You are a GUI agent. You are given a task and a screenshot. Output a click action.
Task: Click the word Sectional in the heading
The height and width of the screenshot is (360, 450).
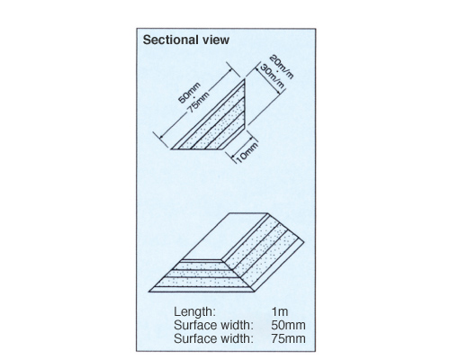pyautogui.click(x=170, y=40)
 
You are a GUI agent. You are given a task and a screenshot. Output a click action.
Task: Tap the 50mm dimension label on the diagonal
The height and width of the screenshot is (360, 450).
pyautogui.click(x=189, y=93)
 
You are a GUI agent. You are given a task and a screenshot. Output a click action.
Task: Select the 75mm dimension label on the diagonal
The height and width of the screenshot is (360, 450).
pyautogui.click(x=199, y=102)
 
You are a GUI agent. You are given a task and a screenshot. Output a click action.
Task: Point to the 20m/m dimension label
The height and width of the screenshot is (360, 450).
pyautogui.click(x=281, y=67)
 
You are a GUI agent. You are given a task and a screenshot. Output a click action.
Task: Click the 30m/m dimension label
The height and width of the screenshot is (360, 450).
pyautogui.click(x=272, y=76)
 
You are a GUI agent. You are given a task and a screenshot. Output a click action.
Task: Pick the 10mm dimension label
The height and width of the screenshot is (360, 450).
pyautogui.click(x=247, y=153)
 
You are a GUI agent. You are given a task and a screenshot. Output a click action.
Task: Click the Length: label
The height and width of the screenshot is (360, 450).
pyautogui.click(x=194, y=311)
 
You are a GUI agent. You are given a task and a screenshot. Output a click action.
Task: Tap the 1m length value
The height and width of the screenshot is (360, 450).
pyautogui.click(x=280, y=311)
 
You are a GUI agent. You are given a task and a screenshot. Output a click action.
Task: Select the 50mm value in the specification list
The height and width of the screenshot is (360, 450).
pyautogui.click(x=288, y=325)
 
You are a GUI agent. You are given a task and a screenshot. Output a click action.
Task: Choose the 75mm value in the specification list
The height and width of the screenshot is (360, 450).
pyautogui.click(x=288, y=338)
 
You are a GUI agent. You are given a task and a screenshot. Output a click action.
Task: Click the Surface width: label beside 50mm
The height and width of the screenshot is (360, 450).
pyautogui.click(x=213, y=325)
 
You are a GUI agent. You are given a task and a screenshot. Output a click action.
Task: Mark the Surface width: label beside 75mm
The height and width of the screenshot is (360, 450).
pyautogui.click(x=213, y=338)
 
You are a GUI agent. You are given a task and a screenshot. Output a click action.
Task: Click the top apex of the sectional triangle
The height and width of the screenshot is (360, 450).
pyautogui.click(x=245, y=79)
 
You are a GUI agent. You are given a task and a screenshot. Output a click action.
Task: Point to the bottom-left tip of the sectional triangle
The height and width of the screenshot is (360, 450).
pyautogui.click(x=171, y=148)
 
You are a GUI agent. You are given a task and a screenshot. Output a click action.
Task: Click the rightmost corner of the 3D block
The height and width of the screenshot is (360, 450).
pyautogui.click(x=304, y=241)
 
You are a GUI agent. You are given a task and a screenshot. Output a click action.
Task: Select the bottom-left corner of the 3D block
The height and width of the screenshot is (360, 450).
pyautogui.click(x=148, y=292)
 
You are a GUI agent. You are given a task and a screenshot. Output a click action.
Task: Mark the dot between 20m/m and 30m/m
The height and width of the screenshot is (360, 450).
pyautogui.click(x=276, y=71)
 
